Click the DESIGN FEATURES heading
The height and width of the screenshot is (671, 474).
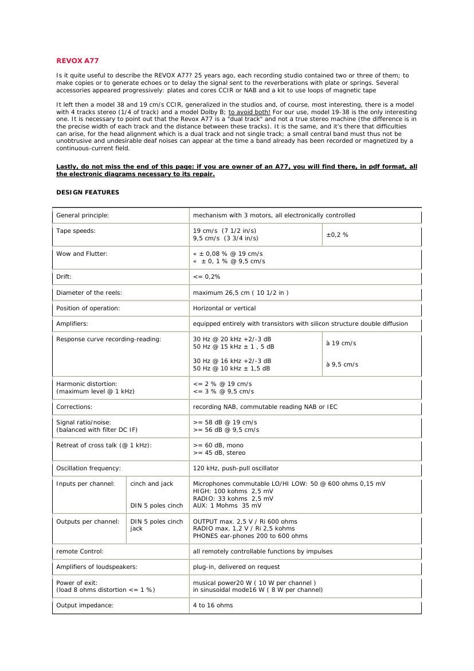(x=88, y=193)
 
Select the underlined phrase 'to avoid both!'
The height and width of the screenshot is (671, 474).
(x=249, y=112)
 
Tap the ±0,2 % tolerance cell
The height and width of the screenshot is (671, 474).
(x=337, y=235)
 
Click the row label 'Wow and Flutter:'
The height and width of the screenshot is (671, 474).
(x=82, y=253)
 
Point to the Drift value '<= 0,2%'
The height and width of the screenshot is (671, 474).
(x=207, y=277)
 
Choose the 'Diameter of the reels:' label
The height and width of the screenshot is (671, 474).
(x=89, y=292)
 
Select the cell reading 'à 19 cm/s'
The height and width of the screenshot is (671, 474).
(x=341, y=343)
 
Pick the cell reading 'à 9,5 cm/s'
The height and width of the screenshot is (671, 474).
(x=342, y=364)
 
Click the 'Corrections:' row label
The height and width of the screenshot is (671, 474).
(x=74, y=407)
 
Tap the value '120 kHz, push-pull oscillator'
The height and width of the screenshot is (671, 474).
(x=236, y=468)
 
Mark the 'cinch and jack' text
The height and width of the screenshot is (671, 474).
(x=152, y=483)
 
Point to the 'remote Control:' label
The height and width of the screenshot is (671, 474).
(x=80, y=551)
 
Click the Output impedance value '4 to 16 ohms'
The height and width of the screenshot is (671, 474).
(x=213, y=605)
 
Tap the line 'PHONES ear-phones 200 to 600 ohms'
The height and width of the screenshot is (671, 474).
(x=250, y=536)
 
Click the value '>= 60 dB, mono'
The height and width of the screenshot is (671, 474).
(x=218, y=445)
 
